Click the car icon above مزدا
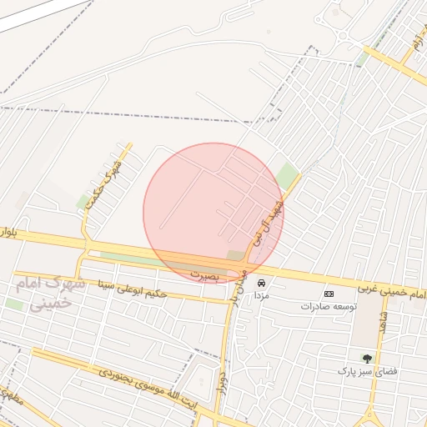[262, 283]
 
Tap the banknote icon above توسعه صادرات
[329, 294]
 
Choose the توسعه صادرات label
[329, 306]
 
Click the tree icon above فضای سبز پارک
[366, 358]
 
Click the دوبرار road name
[222, 379]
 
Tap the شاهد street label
[384, 322]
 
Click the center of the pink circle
[213, 213]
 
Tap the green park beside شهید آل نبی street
[288, 177]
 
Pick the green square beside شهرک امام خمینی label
[15, 304]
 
